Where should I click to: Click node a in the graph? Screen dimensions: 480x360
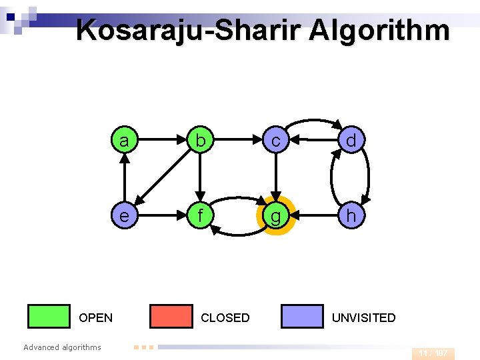[124, 141]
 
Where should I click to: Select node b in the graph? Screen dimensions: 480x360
[199, 141]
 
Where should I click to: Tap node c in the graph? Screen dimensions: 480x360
[275, 141]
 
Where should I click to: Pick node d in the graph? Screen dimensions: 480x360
[351, 141]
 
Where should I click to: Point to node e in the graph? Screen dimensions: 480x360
[124, 217]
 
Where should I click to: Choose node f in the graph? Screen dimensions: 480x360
[199, 217]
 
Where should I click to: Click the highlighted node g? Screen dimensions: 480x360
[275, 217]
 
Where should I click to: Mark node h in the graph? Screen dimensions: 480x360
[351, 217]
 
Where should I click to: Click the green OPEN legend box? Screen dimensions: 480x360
[49, 317]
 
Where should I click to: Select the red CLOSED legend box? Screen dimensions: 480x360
[171, 317]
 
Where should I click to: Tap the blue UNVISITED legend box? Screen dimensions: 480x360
[302, 317]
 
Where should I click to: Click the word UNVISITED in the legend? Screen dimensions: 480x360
[363, 318]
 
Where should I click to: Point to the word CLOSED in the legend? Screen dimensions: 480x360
[225, 318]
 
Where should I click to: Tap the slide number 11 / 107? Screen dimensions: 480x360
[433, 353]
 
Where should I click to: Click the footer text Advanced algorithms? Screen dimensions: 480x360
[62, 347]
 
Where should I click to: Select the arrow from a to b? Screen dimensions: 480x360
[161, 141]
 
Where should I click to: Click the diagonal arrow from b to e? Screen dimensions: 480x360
[162, 179]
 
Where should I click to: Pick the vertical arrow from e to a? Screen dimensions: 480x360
[124, 179]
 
